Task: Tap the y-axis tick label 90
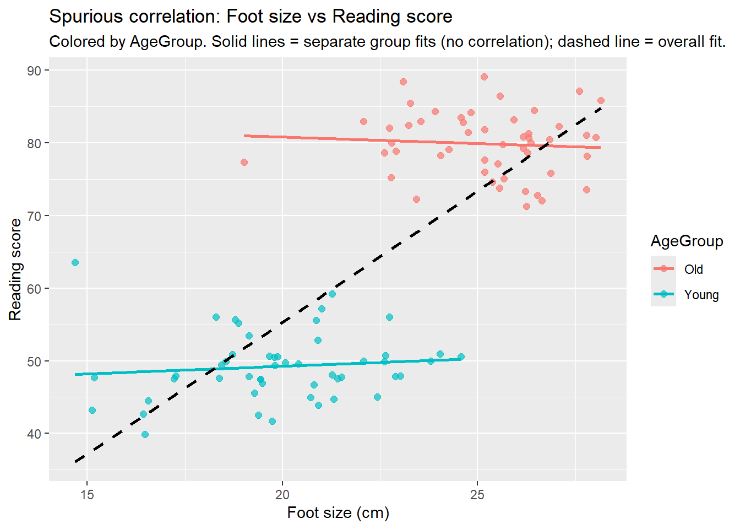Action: click(x=34, y=71)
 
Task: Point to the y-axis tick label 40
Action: click(x=34, y=434)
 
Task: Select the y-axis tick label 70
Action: click(x=34, y=216)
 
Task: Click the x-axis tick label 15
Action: click(x=87, y=495)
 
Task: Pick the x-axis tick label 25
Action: click(x=477, y=495)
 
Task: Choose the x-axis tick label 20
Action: click(x=282, y=495)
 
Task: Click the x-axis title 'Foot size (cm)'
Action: click(x=338, y=513)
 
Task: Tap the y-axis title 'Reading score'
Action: click(x=15, y=269)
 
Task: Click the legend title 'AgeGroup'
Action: click(x=687, y=241)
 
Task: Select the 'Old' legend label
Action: click(x=693, y=269)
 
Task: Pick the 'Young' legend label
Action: click(x=701, y=295)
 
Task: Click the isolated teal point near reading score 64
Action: click(x=75, y=262)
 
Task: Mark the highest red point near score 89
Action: click(x=485, y=77)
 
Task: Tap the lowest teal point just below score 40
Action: click(x=145, y=434)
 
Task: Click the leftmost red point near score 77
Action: click(x=244, y=163)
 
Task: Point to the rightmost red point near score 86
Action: click(x=601, y=100)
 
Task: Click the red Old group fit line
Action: click(x=422, y=142)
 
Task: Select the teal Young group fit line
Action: click(x=268, y=366)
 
